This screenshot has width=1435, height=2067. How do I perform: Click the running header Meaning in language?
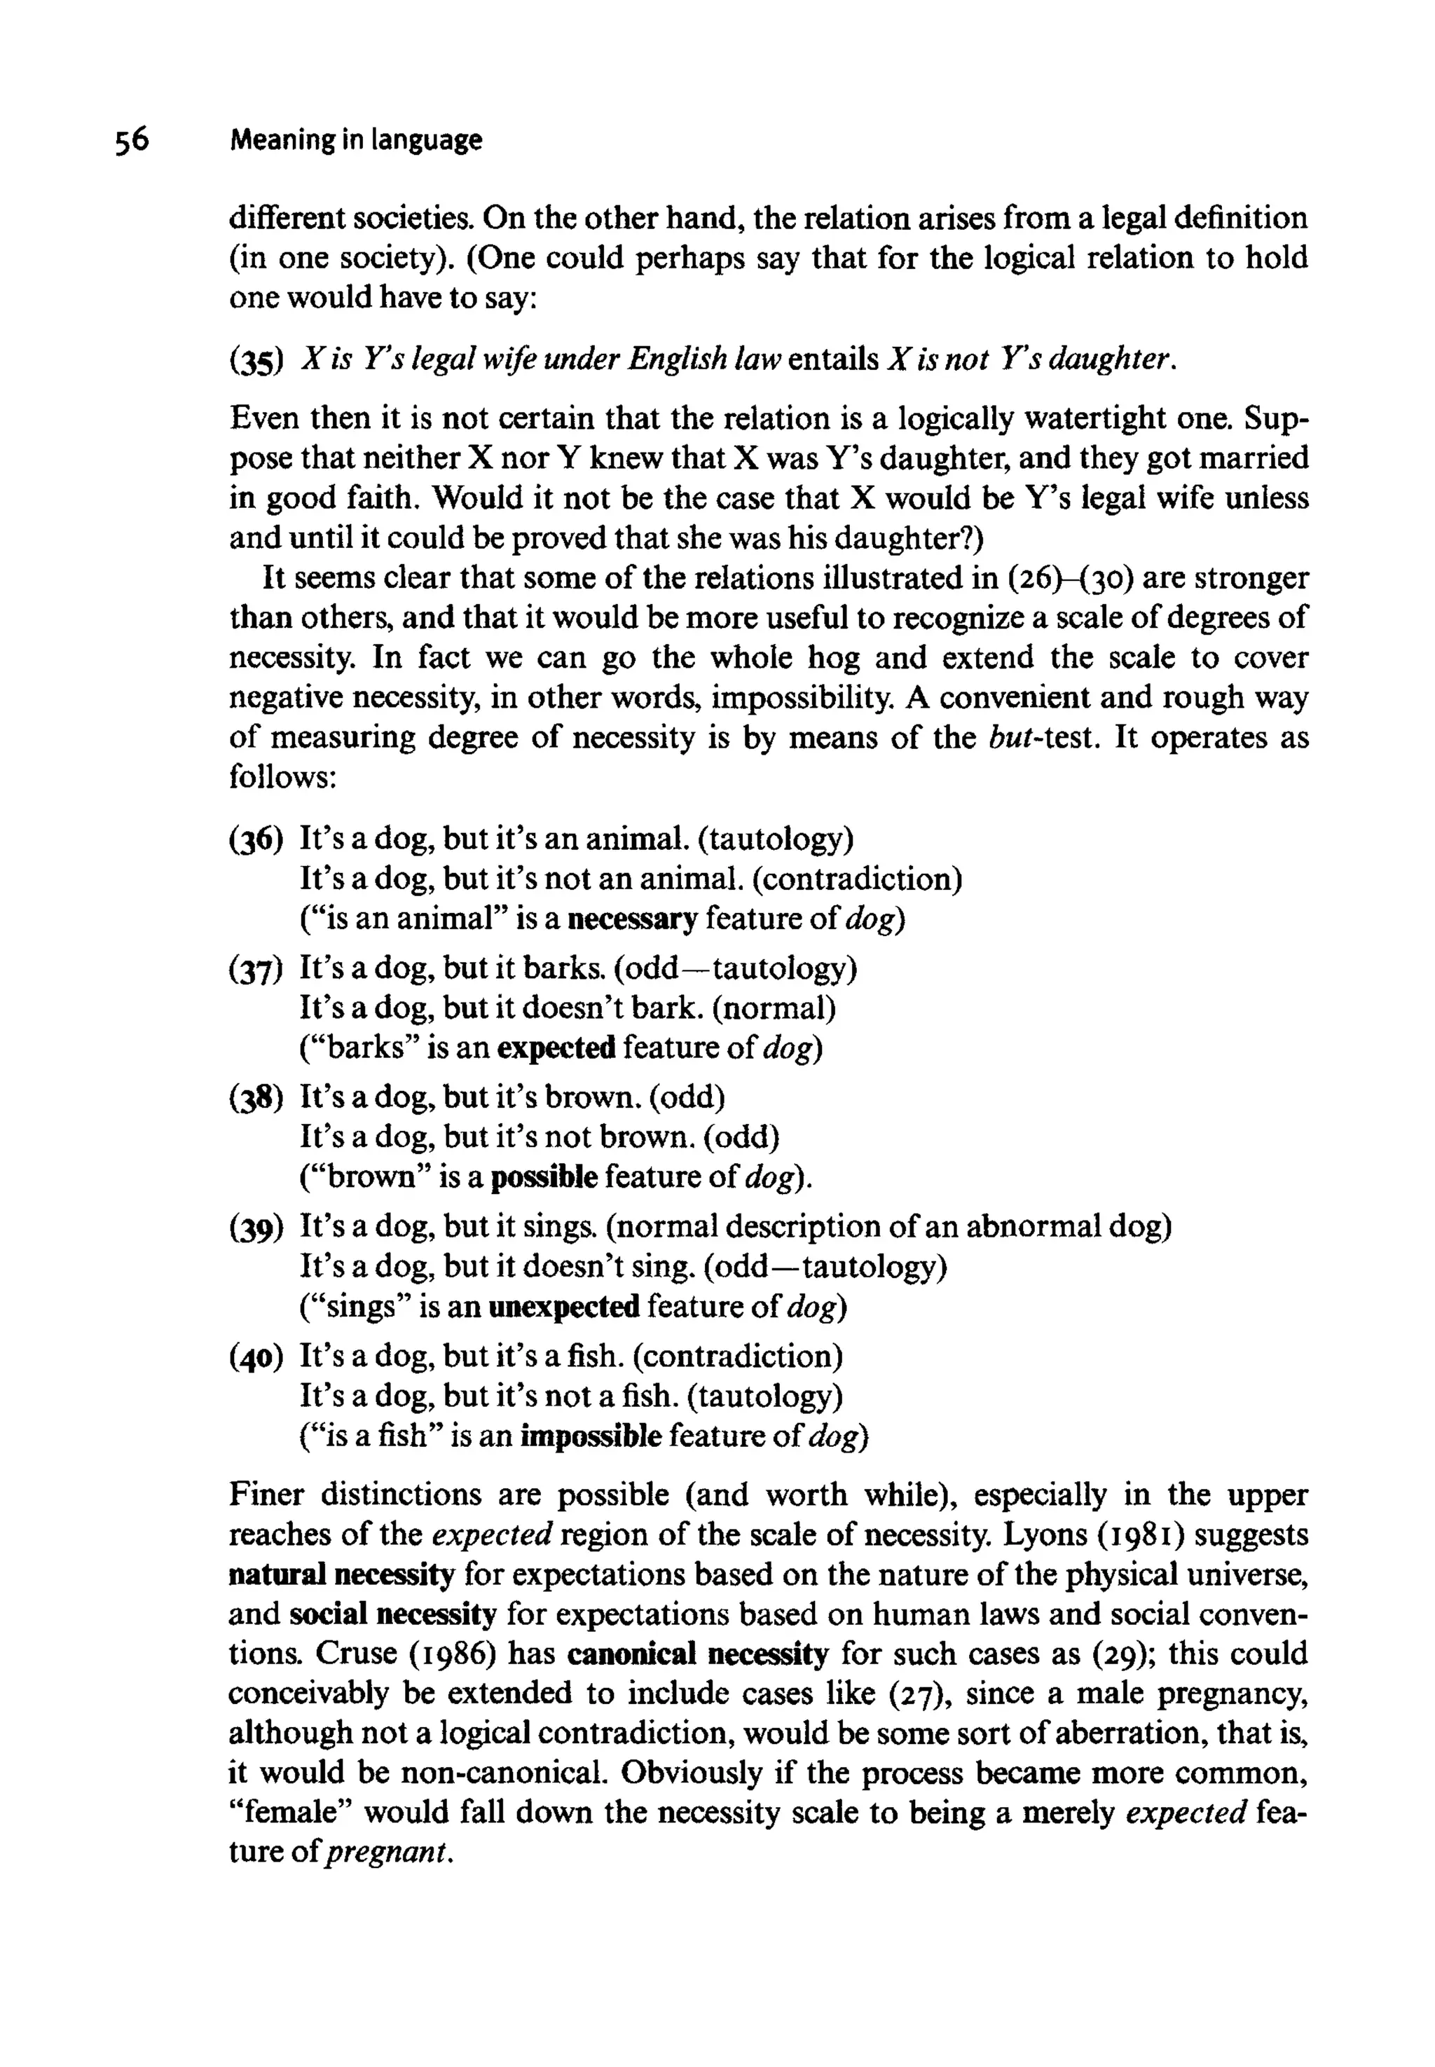(356, 140)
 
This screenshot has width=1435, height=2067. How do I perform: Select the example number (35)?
(256, 362)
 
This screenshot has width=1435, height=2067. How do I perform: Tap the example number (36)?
(256, 841)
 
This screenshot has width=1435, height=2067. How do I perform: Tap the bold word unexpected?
(564, 1307)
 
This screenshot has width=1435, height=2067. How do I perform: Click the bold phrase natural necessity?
(342, 1575)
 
